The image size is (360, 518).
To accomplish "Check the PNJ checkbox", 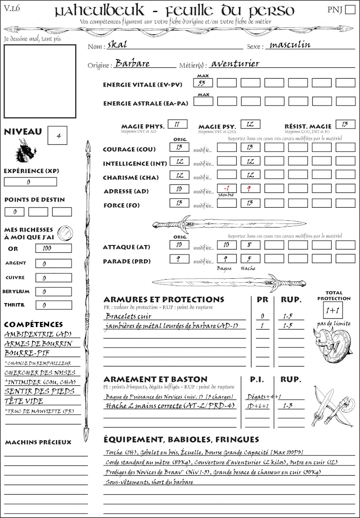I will pos(349,10).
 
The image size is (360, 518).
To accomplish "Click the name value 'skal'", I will pos(117,45).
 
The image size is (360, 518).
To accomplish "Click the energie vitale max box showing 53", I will pos(204,83).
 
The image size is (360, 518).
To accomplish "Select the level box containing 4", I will pos(59,136).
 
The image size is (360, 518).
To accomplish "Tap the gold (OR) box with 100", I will pos(53,248).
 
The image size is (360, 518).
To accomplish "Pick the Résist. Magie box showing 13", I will pos(345,124).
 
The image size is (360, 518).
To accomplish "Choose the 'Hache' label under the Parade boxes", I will pos(248,268).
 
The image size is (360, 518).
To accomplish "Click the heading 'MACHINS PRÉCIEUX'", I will pos(38,442).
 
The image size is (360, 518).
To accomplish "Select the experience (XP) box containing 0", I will pos(30,182).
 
